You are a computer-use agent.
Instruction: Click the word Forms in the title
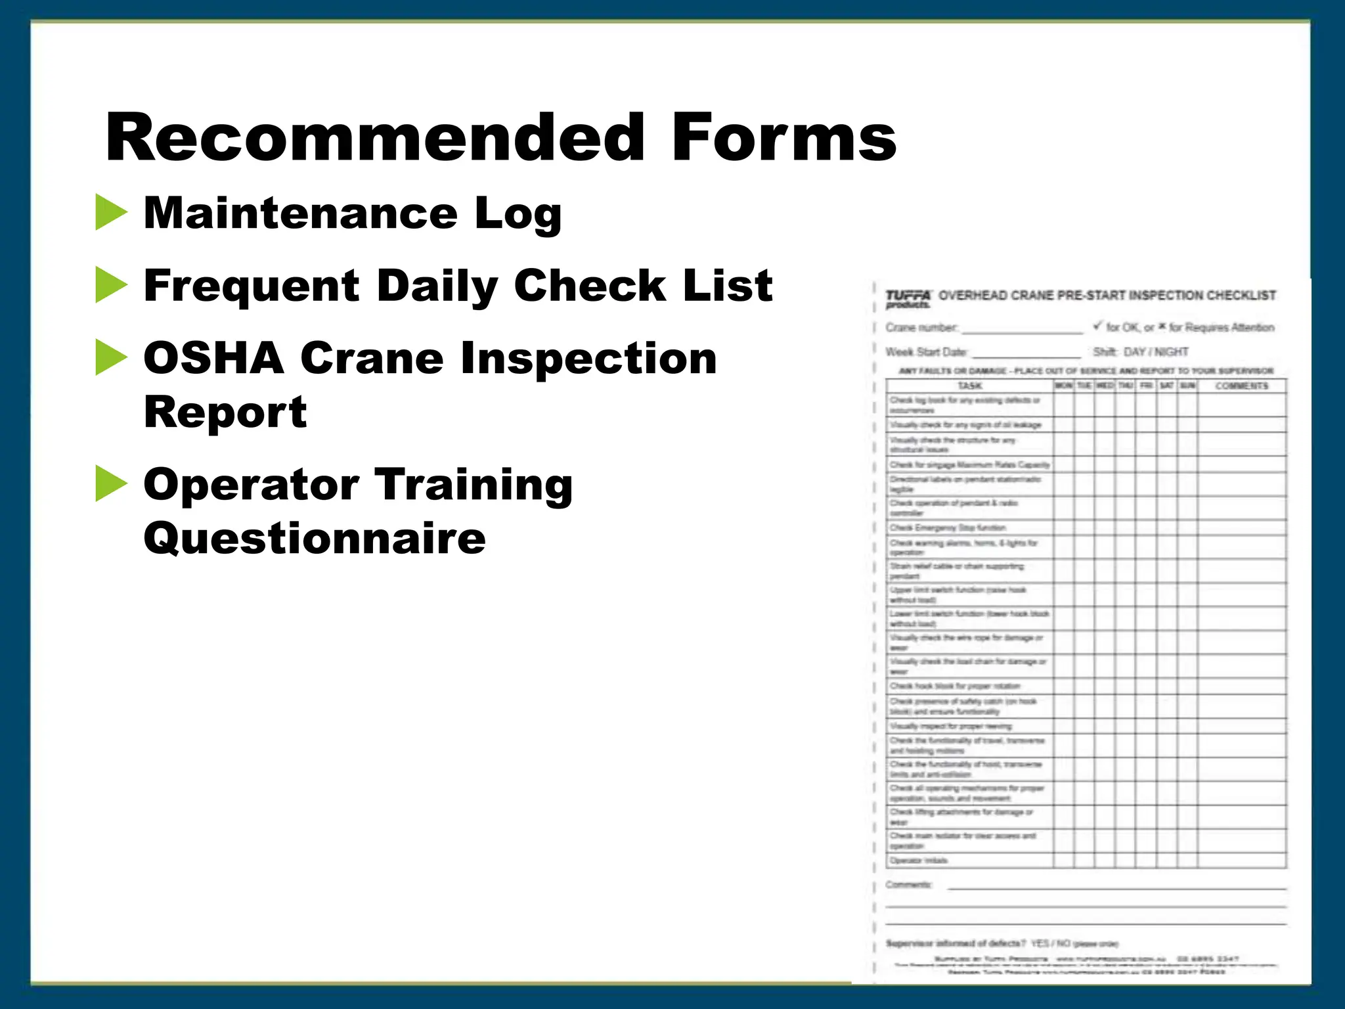783,138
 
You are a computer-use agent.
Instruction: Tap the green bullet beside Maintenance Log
110,212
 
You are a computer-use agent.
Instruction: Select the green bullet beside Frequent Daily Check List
110,285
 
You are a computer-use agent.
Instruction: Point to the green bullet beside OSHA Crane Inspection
110,357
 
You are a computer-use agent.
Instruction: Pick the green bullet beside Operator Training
110,483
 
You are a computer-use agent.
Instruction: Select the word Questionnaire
315,539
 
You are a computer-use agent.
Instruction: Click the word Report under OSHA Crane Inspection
225,413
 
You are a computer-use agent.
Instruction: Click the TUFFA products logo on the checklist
908,299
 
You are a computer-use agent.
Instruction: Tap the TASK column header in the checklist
969,386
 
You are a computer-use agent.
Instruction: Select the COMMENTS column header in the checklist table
1241,386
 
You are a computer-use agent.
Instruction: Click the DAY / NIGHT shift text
1156,352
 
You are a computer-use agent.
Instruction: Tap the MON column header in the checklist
1064,386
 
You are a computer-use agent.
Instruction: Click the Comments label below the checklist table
908,885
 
